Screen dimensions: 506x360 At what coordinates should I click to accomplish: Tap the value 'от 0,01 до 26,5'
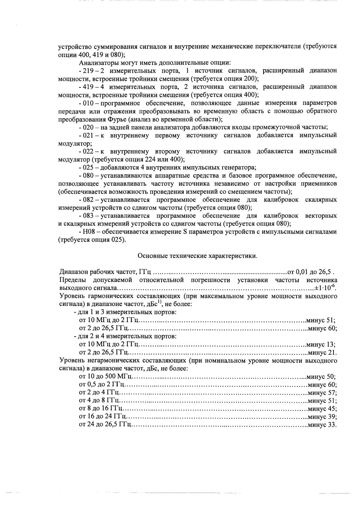[310, 272]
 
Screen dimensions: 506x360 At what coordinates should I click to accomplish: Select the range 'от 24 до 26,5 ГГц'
[105, 425]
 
